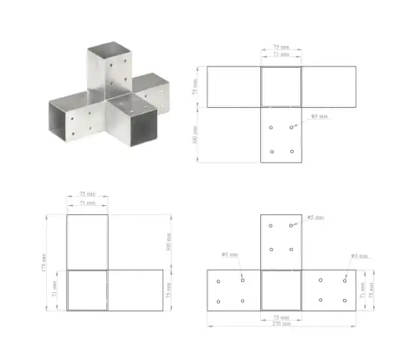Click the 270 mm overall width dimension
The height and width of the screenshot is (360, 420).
pos(281,323)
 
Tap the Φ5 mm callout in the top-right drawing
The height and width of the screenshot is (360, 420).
pos(318,116)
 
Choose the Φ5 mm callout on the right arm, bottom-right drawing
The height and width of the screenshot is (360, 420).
pos(357,255)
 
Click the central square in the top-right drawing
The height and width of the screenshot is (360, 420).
pos(281,86)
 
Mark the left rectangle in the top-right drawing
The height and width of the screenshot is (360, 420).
pos(233,86)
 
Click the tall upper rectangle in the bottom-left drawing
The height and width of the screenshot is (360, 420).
pos(87,242)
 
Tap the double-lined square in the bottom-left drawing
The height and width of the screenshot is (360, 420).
pos(87,290)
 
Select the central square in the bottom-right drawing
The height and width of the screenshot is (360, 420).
pos(281,290)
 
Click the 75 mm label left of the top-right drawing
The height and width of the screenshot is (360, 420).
pos(195,86)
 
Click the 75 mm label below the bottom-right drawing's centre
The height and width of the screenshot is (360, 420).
pos(281,316)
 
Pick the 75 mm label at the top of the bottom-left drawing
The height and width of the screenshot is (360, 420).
pos(87,194)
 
